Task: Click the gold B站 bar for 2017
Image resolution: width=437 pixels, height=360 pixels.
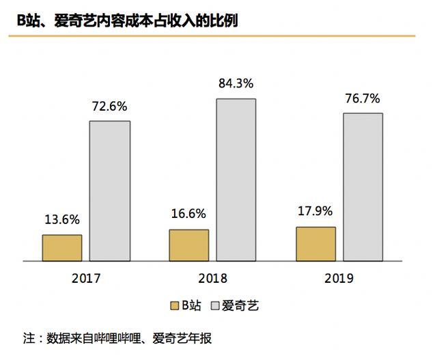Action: (62, 248)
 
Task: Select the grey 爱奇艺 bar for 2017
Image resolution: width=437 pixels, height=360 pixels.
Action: (110, 191)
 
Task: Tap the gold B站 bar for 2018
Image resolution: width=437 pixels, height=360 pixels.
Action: (189, 245)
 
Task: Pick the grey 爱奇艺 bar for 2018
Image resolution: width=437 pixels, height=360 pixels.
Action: (236, 180)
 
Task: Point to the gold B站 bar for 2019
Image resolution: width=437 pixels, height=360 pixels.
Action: (315, 244)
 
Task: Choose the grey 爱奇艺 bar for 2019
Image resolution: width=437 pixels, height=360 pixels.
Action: (363, 186)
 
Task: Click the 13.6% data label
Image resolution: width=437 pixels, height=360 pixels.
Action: (62, 220)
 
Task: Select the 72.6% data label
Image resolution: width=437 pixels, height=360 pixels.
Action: (109, 107)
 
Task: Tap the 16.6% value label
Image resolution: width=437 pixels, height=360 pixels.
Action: (188, 214)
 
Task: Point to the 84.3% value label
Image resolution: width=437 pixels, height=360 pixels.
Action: (236, 84)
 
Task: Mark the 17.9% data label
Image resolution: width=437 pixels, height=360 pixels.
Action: (315, 212)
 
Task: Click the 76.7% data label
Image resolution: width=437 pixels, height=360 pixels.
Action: (363, 98)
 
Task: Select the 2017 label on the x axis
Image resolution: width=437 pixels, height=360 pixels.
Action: (86, 279)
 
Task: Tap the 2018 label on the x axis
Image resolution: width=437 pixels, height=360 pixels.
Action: (212, 279)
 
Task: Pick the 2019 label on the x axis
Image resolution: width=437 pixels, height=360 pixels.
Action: (339, 279)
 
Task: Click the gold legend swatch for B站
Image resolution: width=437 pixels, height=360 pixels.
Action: (175, 306)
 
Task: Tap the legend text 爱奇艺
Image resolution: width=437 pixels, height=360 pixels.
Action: (243, 306)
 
